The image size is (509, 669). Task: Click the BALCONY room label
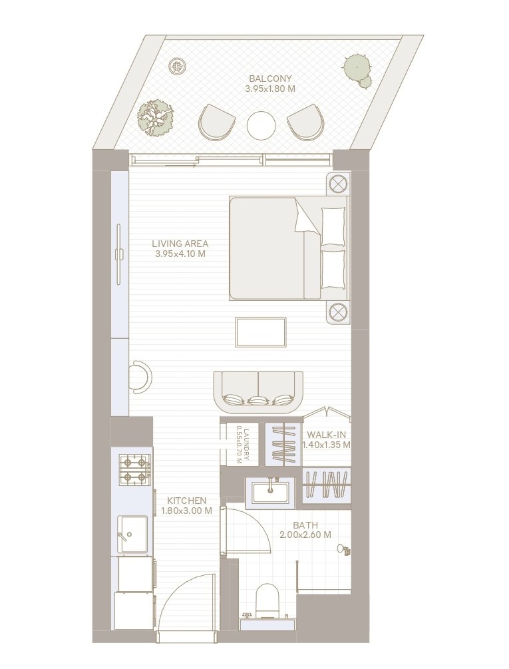coord(270,79)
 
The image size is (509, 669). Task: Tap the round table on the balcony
coord(261,125)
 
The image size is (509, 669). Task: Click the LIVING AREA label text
coord(180,244)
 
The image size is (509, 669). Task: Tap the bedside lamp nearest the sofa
coord(339,312)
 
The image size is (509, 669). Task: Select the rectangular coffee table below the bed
coord(261,332)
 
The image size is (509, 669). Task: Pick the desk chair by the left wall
coord(142,377)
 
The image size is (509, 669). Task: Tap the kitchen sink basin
coord(132,534)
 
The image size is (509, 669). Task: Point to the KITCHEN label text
coord(186,501)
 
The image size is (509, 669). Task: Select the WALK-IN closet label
coord(327,435)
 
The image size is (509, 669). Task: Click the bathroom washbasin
coord(270,493)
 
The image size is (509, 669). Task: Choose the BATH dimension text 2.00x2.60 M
coord(305,535)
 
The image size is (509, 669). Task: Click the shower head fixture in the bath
coord(343,550)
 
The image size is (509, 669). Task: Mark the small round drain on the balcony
coord(176,66)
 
